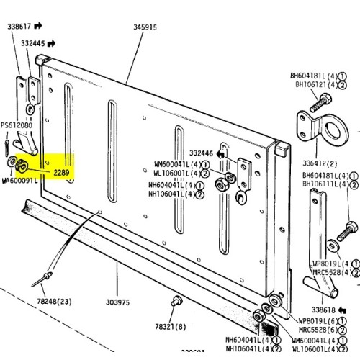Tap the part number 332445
pyautogui.click(x=32, y=44)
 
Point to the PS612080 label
pyautogui.click(x=16, y=126)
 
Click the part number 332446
pyautogui.click(x=202, y=153)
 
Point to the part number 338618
pyautogui.click(x=314, y=307)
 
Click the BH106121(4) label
pyautogui.click(x=312, y=84)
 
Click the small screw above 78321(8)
pyautogui.click(x=174, y=300)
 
